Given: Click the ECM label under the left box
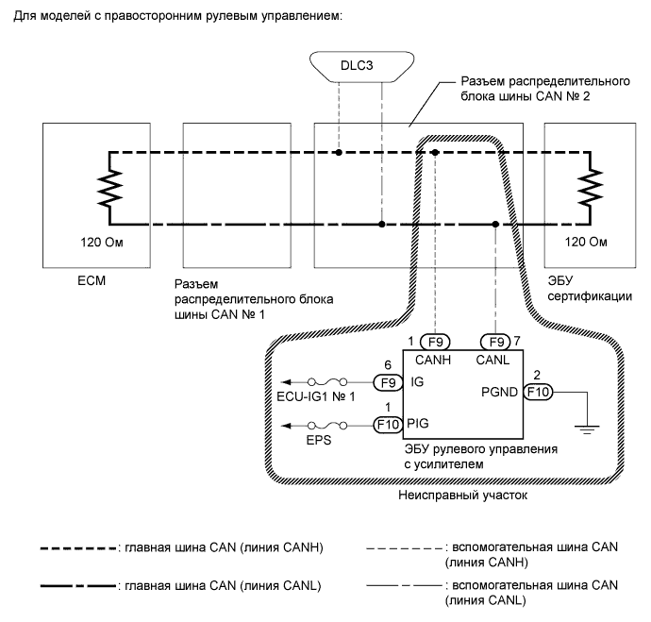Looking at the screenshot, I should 85,280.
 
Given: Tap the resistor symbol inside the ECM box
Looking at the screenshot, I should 111,188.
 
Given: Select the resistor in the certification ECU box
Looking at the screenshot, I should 592,188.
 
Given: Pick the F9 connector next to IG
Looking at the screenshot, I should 387,383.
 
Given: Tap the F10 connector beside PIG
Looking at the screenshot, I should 387,425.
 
